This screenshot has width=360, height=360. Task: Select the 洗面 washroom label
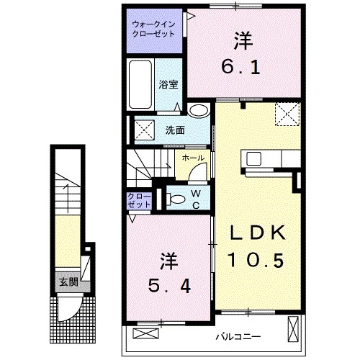click(x=175, y=131)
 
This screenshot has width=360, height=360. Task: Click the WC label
click(x=195, y=197)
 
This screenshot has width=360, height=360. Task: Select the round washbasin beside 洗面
click(x=199, y=110)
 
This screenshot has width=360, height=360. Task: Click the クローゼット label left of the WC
click(x=140, y=200)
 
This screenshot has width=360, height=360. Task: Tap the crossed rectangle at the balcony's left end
click(x=145, y=333)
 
